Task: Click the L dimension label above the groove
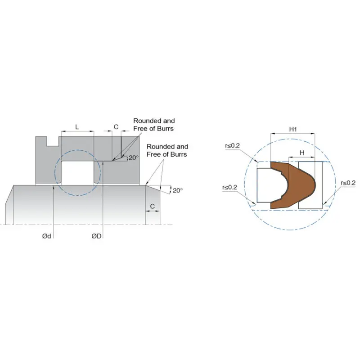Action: click(77, 127)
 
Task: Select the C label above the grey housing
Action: click(116, 127)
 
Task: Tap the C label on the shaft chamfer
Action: click(153, 206)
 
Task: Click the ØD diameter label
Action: click(96, 236)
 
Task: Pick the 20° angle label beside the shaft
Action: click(178, 190)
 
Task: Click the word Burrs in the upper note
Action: click(164, 129)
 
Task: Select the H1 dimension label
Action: click(293, 129)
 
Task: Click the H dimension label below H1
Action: click(302, 153)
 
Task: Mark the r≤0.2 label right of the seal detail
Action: click(348, 183)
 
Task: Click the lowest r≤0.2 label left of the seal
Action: click(229, 187)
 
